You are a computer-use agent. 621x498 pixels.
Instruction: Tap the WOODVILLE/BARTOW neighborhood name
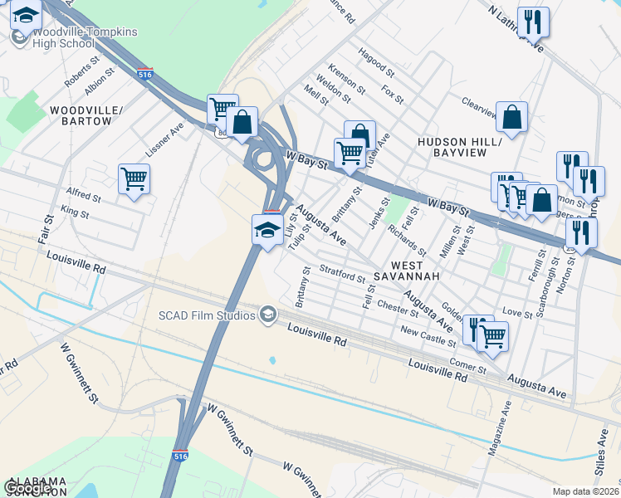(x=81, y=115)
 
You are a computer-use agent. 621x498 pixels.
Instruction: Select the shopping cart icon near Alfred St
(x=134, y=178)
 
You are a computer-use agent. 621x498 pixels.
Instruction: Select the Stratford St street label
(x=342, y=273)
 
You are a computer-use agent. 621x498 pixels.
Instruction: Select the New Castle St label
(x=428, y=336)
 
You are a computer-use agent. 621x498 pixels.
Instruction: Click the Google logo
(x=28, y=488)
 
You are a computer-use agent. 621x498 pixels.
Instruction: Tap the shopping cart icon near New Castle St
(x=493, y=335)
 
